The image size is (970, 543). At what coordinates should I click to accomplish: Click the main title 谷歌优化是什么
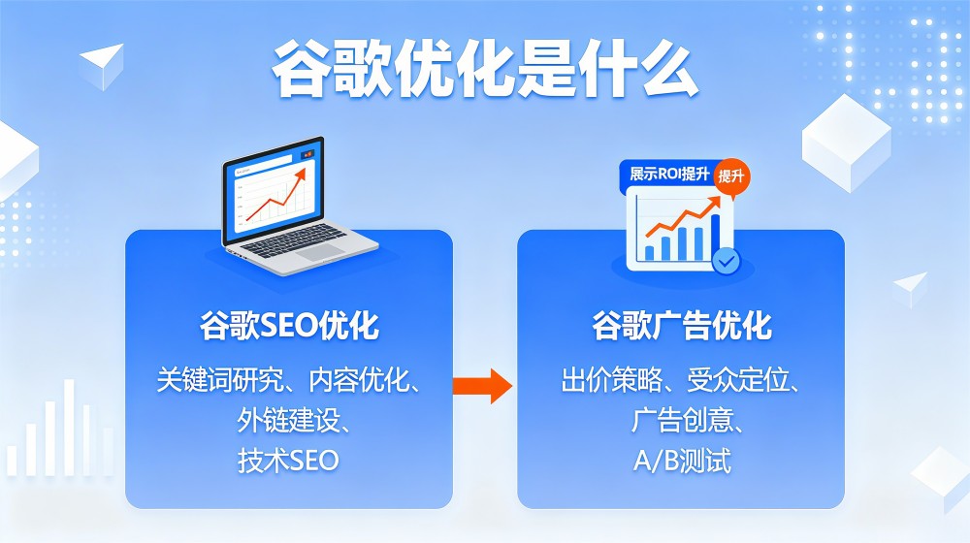pyautogui.click(x=484, y=70)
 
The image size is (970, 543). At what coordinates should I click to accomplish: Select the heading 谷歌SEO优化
pyautogui.click(x=289, y=326)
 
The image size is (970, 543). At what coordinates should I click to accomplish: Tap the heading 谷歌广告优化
pyautogui.click(x=681, y=326)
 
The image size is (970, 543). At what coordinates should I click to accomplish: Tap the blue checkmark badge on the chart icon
pyautogui.click(x=726, y=260)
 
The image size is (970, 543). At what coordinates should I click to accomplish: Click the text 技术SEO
pyautogui.click(x=289, y=459)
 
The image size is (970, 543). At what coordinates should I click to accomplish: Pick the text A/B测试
pyautogui.click(x=681, y=459)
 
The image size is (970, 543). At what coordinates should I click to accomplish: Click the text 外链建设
pyautogui.click(x=282, y=420)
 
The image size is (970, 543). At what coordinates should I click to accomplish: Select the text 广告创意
pyautogui.click(x=674, y=420)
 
